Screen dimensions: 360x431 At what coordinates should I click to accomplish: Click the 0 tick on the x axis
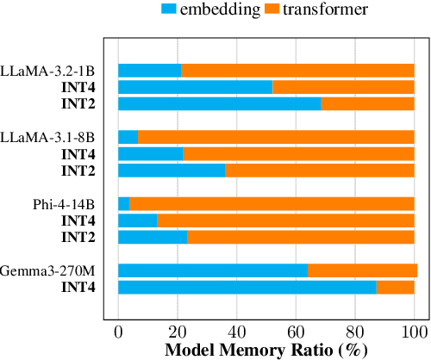click(x=118, y=332)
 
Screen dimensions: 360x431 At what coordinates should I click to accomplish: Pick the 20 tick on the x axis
click(x=178, y=332)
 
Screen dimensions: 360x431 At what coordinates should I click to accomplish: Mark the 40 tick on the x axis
click(x=236, y=332)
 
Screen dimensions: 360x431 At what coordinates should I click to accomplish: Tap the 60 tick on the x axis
click(x=296, y=332)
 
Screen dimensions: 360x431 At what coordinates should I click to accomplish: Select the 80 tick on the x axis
click(x=355, y=332)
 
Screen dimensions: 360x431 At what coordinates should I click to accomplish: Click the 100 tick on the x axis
click(x=415, y=332)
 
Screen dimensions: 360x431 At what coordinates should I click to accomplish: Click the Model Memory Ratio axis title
click(x=265, y=351)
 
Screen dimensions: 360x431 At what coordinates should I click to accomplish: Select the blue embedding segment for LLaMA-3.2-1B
click(x=150, y=71)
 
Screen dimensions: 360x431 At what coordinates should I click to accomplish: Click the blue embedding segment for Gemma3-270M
click(x=213, y=270)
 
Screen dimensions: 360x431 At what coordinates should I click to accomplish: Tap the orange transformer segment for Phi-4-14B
click(x=272, y=204)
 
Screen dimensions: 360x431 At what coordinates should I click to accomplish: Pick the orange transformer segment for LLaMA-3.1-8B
click(x=276, y=137)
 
